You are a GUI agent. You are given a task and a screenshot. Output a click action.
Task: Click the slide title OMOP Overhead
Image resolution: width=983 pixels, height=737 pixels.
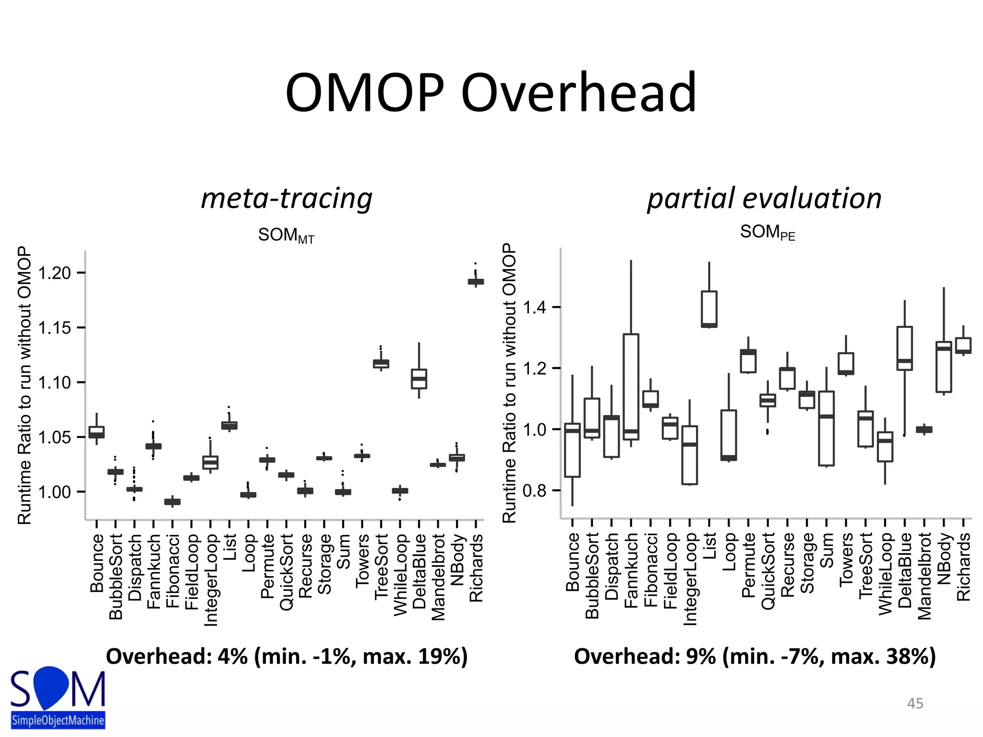click(x=491, y=92)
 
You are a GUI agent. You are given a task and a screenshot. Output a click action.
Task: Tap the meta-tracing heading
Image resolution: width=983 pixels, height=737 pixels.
click(x=287, y=198)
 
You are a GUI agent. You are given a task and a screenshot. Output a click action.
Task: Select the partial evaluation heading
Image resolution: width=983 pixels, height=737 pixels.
click(x=764, y=198)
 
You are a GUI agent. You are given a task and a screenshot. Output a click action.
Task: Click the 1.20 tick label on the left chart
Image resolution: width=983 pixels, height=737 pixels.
click(x=54, y=273)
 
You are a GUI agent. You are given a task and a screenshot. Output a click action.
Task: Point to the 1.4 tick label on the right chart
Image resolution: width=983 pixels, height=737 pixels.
click(x=534, y=307)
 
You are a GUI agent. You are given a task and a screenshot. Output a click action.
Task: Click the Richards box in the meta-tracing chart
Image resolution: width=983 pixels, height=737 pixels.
click(x=476, y=282)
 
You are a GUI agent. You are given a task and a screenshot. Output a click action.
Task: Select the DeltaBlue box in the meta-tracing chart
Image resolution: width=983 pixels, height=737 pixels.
click(x=419, y=379)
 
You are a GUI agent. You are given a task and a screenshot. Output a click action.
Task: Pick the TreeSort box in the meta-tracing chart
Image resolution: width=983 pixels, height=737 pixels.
click(x=381, y=364)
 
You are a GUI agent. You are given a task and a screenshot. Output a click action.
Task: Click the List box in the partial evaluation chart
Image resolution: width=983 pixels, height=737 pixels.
click(x=709, y=309)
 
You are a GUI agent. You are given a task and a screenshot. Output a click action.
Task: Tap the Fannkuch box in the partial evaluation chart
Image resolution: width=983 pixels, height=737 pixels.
click(x=631, y=387)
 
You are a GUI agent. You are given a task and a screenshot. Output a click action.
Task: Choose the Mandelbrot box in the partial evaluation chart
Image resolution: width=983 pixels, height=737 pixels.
click(x=924, y=429)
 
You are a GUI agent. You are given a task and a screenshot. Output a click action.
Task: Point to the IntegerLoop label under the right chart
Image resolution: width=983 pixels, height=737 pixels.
click(x=690, y=579)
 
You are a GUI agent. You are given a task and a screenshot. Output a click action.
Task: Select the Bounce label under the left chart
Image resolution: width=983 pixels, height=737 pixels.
click(x=96, y=563)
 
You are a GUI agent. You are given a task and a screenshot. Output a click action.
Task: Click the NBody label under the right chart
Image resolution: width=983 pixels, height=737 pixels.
click(x=944, y=559)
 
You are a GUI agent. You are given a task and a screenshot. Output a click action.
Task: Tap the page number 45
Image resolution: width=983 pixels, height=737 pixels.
click(x=915, y=703)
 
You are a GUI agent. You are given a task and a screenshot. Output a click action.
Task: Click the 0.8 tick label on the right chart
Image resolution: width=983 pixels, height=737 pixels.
click(x=534, y=490)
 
